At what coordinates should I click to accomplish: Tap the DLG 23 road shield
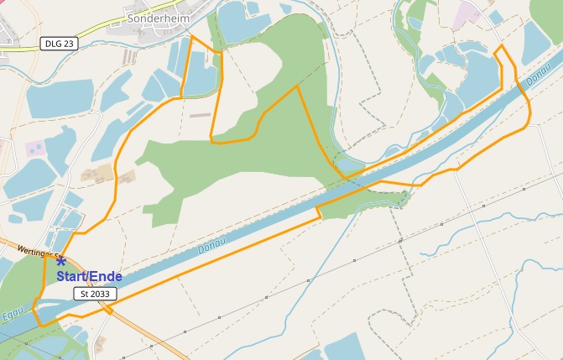pos(58,43)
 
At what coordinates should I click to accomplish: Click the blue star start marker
pos(61,262)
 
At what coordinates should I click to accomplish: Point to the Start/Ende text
pos(89,276)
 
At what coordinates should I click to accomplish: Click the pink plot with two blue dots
pos(34,149)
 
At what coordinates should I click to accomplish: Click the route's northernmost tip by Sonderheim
pos(193,37)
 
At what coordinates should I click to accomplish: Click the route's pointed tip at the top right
pos(501,47)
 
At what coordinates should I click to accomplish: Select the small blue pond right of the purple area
pos(496,17)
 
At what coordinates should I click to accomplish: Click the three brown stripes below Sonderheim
pos(130,56)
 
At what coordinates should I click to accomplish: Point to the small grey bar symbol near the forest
pos(200,114)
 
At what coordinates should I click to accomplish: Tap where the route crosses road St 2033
pos(109,309)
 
